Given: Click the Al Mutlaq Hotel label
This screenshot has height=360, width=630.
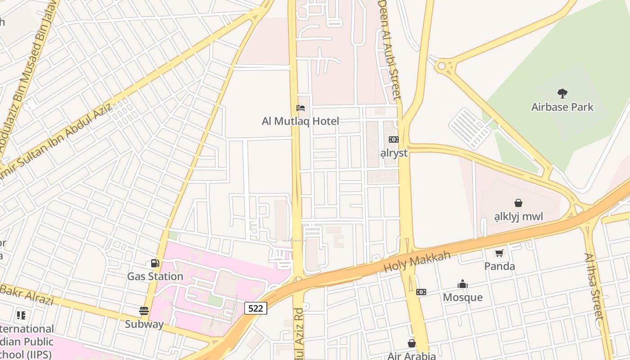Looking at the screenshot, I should pos(300,121).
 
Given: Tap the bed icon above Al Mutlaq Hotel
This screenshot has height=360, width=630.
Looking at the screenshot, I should pos(300,108).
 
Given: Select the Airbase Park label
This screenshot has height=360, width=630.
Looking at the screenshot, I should pos(562,107).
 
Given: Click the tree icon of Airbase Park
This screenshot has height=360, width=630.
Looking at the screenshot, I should pos(562,94).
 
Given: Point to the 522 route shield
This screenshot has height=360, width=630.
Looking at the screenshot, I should pos(256,308).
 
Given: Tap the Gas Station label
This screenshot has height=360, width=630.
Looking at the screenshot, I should pos(155,276).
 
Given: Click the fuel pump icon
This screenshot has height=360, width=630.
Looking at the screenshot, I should pos(155,263).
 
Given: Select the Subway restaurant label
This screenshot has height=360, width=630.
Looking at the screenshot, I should pos(144,324).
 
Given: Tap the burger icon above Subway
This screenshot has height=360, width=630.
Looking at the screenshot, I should pos(144,311).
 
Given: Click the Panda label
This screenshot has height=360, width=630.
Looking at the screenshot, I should pos(499,266).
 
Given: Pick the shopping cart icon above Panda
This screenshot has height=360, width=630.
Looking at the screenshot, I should pos(499,253).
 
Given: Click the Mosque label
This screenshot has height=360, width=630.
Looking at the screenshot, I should pos(463,297).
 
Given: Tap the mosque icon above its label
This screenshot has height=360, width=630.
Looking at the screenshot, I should pos(463,284).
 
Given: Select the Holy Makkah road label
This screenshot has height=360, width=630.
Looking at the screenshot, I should pos(417,262).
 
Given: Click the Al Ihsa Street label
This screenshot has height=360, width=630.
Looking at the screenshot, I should pos(594,286).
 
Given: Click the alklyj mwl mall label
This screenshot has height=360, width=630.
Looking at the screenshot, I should pos(518,216).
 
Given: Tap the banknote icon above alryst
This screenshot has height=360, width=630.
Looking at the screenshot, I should pos(394,139).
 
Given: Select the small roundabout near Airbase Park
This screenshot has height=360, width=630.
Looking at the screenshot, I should pos(441,66).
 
